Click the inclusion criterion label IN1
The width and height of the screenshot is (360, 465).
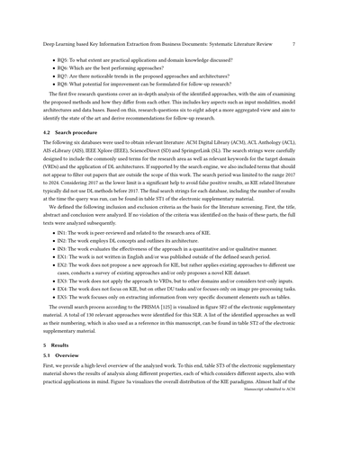pyautogui.click(x=63, y=258)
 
